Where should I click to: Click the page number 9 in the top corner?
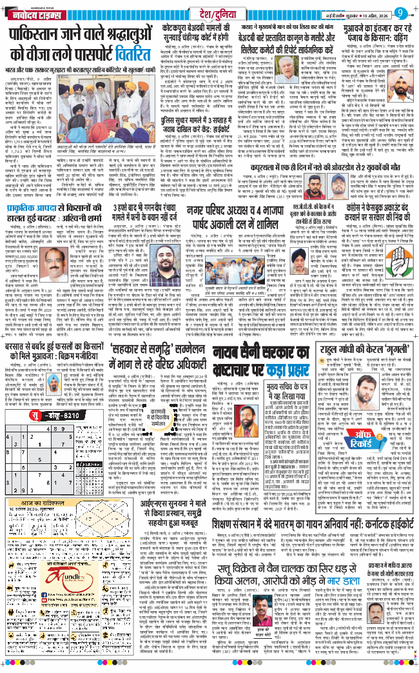coord(406,11)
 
